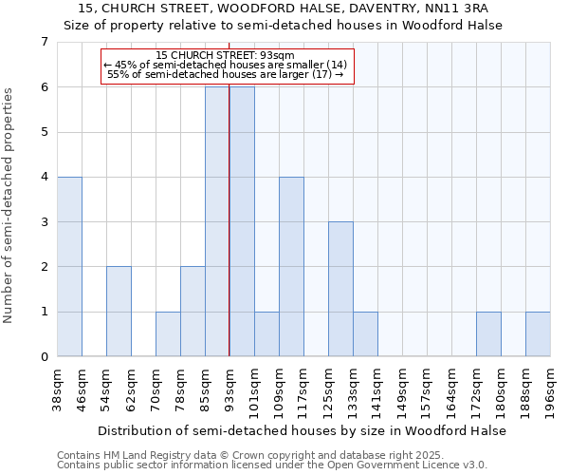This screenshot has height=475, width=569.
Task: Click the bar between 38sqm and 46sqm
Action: pos(69,267)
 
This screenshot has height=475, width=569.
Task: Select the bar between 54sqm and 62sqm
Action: pos(119,312)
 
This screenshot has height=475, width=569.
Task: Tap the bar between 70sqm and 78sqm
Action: pos(168,334)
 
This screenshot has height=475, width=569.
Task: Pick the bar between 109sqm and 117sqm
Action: pos(291,267)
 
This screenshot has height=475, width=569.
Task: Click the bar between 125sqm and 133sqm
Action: pos(340,290)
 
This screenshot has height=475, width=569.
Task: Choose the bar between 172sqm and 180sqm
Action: pos(488,334)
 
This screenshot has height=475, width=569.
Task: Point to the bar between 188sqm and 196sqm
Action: pos(538,334)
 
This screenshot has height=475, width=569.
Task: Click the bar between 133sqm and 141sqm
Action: pos(365,334)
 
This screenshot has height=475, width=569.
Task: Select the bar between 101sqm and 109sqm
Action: pos(266,334)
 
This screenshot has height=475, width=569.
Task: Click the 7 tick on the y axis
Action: pos(44,42)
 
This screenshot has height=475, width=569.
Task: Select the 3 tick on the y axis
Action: pos(44,222)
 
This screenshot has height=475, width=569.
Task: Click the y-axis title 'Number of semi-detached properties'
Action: pos(9,205)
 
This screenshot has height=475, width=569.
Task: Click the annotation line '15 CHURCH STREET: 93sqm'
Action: pos(226,56)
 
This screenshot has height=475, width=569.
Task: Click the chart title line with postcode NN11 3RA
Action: pos(284,9)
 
